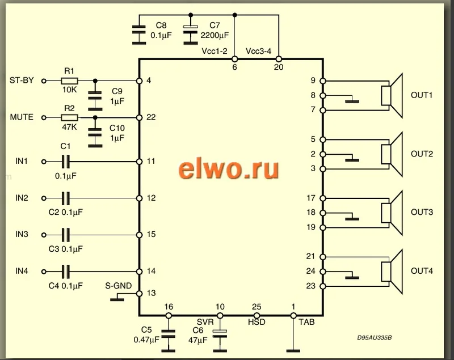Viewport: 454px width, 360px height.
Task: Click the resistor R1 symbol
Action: coord(69,81)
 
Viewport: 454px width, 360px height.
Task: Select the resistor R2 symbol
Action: coord(69,117)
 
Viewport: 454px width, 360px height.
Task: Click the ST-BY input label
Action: coord(22,81)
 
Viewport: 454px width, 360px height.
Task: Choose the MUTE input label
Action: coord(22,117)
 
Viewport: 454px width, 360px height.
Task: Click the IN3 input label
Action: coord(22,234)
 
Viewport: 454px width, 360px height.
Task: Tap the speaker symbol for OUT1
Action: coord(392,95)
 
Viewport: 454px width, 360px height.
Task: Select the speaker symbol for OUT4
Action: coord(392,271)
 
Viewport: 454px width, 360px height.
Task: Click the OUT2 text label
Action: coord(422,154)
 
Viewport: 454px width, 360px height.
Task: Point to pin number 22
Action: coord(150,117)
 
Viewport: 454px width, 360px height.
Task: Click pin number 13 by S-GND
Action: coord(150,293)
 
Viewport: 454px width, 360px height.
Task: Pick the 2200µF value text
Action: coord(215,35)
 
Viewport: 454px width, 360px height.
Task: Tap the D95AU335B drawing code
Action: coord(374,338)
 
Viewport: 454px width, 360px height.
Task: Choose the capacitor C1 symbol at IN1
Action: coord(66,162)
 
